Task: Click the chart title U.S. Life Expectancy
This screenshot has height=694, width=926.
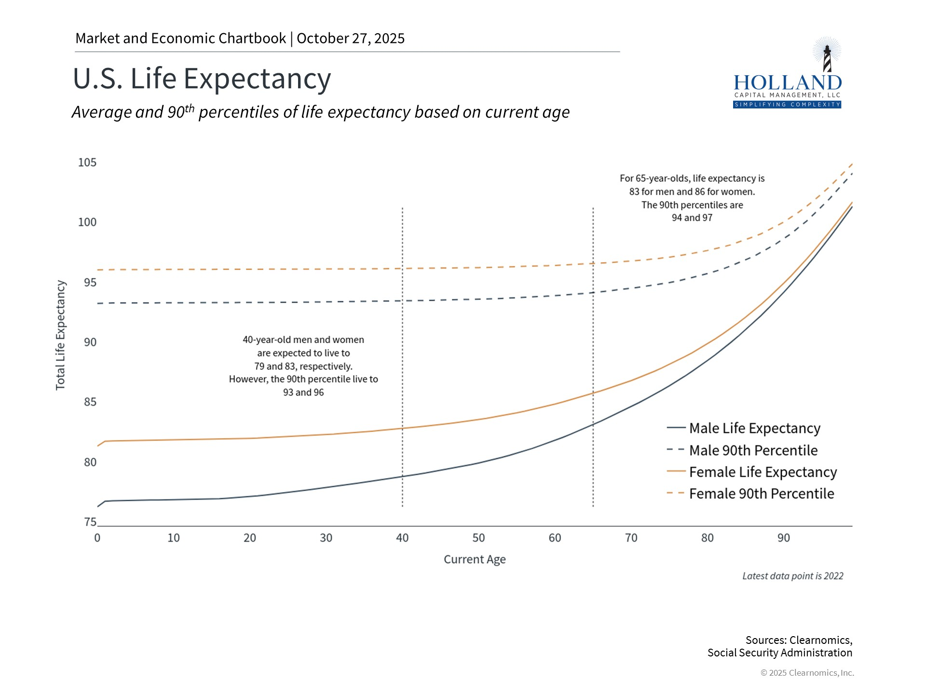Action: pos(202,79)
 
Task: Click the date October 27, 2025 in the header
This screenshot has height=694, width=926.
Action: pos(351,39)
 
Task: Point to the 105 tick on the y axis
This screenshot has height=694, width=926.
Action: pos(87,162)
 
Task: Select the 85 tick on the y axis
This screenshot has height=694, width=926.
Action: pos(90,402)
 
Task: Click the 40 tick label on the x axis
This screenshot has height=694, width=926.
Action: pos(402,538)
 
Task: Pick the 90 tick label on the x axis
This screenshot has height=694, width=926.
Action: pos(784,538)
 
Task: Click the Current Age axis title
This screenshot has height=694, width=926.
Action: pos(475,560)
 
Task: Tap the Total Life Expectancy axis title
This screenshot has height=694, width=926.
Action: pos(60,335)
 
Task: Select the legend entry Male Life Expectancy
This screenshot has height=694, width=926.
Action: pos(754,428)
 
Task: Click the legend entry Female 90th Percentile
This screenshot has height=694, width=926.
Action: pos(761,494)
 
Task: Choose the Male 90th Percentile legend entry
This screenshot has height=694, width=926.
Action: pos(753,450)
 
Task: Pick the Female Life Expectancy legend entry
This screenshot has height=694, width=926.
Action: pos(763,472)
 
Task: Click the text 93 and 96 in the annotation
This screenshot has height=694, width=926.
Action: pos(303,392)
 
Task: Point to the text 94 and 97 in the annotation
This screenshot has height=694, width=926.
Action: pos(692,218)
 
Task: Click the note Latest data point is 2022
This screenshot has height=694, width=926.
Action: pos(792,576)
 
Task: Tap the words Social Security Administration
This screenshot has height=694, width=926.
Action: pos(779,653)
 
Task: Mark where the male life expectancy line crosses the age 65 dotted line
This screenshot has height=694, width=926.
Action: pos(593,424)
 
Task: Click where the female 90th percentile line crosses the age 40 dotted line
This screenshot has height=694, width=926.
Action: pos(402,268)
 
